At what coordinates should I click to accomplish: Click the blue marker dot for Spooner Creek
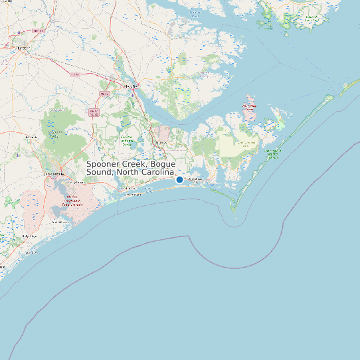coord(179,179)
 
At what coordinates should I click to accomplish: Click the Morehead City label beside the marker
coord(195,179)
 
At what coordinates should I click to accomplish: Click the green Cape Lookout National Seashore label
coord(272,154)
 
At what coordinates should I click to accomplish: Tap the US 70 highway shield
coord(76,76)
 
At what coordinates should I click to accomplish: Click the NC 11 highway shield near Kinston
coord(39,31)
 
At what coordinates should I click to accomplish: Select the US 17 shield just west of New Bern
coord(104,94)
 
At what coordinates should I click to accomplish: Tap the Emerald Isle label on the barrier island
coord(134,195)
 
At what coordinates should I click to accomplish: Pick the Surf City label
coord(30,252)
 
